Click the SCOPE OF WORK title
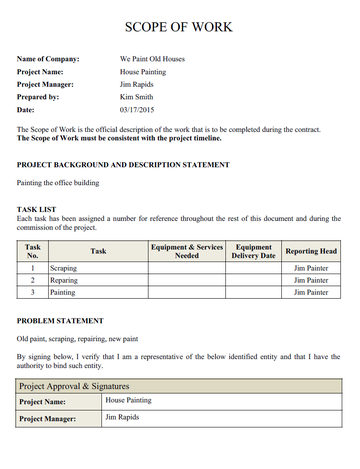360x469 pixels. click(x=180, y=27)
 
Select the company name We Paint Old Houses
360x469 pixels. click(x=152, y=59)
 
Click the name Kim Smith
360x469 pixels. click(x=137, y=98)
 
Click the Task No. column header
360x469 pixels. click(x=32, y=250)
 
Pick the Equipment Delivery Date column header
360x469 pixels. click(x=253, y=250)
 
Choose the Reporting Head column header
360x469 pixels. click(x=311, y=251)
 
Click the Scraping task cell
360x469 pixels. click(x=64, y=269)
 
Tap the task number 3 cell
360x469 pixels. click(x=32, y=293)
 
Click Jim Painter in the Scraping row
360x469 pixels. click(x=311, y=269)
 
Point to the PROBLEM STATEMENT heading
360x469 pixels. click(x=60, y=321)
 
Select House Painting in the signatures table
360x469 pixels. click(x=128, y=401)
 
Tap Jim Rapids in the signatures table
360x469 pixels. click(x=123, y=417)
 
